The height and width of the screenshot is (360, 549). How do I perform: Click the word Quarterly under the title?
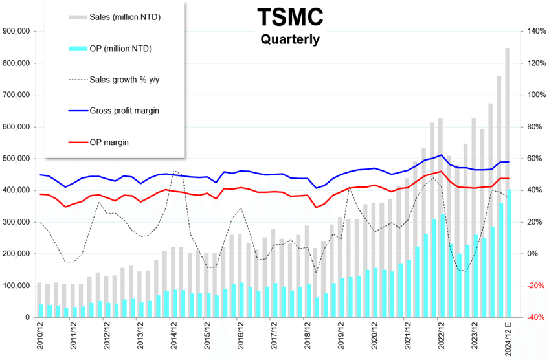coord(289,39)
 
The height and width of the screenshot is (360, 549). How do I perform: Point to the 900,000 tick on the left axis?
coord(17,31)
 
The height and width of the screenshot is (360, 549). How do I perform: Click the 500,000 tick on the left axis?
coord(17,159)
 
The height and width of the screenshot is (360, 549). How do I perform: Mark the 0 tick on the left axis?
coord(29,317)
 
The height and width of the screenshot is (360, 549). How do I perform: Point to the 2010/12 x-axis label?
coord(39,338)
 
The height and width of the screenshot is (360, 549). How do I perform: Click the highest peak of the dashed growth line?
coord(175,170)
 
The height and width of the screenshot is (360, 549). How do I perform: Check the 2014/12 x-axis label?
coord(174,338)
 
